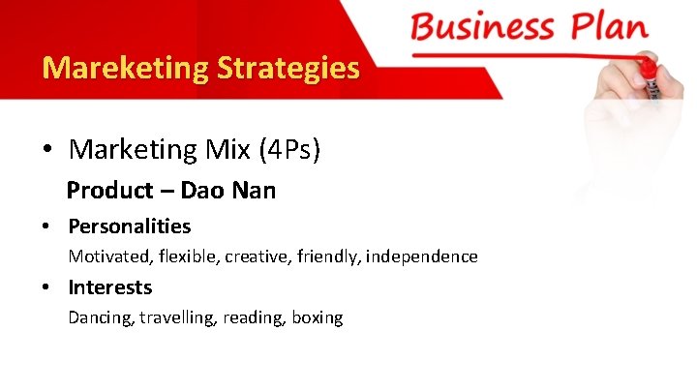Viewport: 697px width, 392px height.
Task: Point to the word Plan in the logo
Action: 609,26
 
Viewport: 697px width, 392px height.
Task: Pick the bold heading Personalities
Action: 129,226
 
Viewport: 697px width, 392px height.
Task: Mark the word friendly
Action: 327,256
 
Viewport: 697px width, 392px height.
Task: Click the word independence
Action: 422,256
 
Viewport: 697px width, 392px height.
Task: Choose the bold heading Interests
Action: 109,287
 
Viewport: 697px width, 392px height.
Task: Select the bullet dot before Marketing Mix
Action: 46,150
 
